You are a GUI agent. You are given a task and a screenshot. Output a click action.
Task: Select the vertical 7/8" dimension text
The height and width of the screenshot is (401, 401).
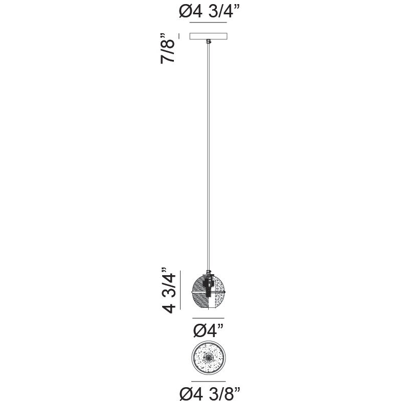tap(168, 48)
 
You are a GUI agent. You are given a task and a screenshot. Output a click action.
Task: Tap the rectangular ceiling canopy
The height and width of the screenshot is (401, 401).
tap(209, 36)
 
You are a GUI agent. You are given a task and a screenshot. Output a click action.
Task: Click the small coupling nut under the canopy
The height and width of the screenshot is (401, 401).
tap(209, 41)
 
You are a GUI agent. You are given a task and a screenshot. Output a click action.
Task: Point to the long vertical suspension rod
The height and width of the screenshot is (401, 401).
tap(208, 157)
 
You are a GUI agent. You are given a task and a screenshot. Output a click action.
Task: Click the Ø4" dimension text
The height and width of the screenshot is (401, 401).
tap(208, 330)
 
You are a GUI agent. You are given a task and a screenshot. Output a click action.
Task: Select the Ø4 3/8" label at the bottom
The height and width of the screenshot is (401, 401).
tap(210, 394)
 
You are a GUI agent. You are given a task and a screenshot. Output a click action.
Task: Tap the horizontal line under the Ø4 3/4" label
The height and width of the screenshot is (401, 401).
tap(208, 23)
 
